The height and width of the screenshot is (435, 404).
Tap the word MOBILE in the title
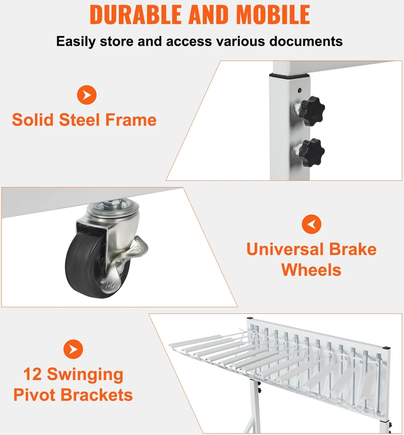273,15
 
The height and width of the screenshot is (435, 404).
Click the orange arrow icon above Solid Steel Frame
87,95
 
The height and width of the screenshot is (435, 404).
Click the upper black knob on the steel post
312,111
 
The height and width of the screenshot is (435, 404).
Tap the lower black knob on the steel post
312,153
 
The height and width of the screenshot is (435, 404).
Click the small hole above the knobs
300,90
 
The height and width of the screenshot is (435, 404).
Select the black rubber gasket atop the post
289,75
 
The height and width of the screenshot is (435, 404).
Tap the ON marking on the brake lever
110,286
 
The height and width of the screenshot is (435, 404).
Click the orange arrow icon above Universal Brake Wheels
311,224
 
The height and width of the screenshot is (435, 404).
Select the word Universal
286,249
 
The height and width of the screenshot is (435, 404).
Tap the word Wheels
311,270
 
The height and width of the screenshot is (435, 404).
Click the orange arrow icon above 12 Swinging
73,349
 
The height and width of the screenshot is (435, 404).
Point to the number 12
32,374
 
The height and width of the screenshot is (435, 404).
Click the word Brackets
96,395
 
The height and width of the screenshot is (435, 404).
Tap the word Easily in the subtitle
76,41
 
